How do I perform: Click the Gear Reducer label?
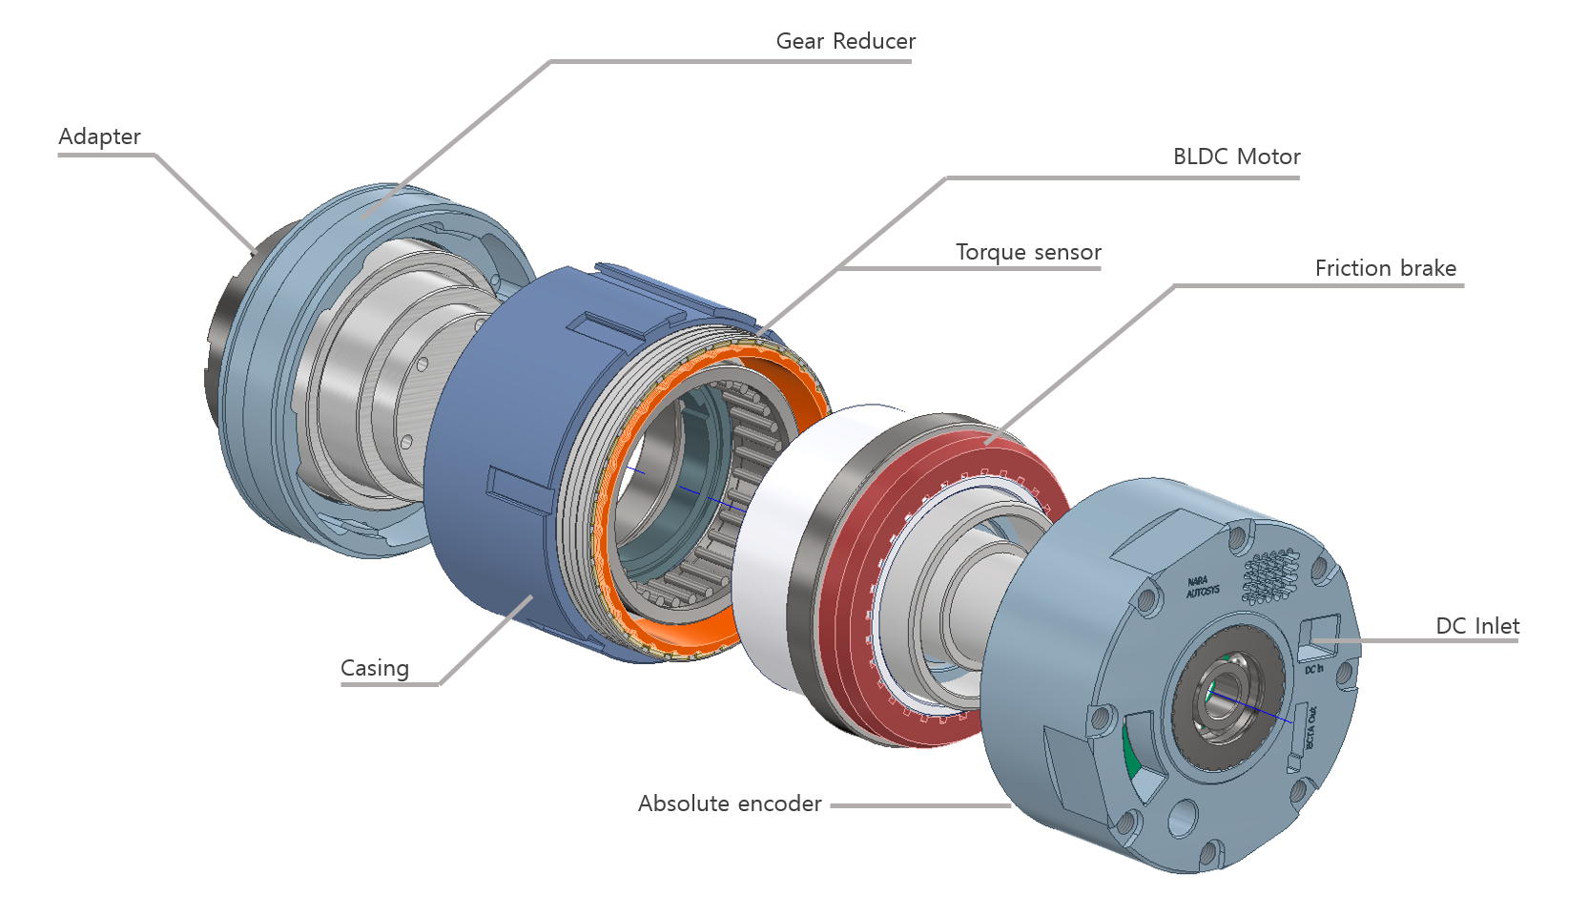pyautogui.click(x=845, y=41)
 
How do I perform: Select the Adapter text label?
pyautogui.click(x=99, y=136)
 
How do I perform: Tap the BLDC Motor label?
pyautogui.click(x=1236, y=156)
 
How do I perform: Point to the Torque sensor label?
pyautogui.click(x=1028, y=252)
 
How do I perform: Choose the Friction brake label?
pyautogui.click(x=1385, y=268)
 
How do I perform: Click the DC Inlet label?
pyautogui.click(x=1476, y=626)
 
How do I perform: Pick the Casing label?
pyautogui.click(x=375, y=668)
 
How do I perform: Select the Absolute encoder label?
pyautogui.click(x=730, y=803)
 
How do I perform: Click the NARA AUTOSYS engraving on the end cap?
pyautogui.click(x=1202, y=587)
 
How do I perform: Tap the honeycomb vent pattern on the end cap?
pyautogui.click(x=1272, y=575)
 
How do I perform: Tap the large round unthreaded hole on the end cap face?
pyautogui.click(x=1183, y=817)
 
